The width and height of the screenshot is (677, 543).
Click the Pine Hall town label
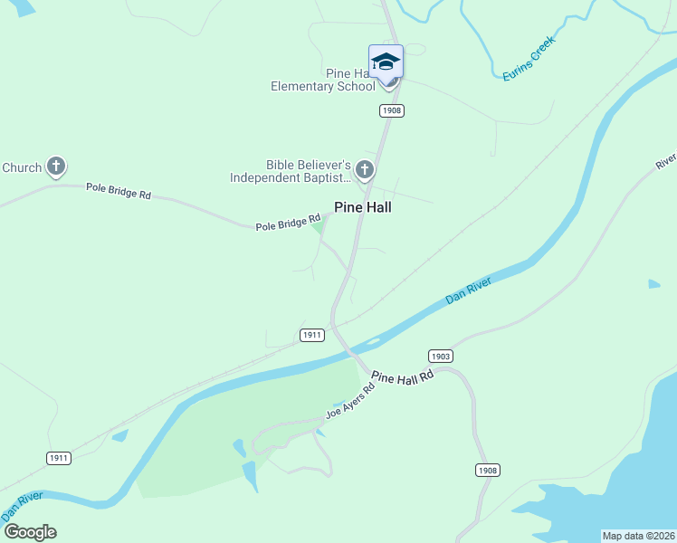click(x=362, y=206)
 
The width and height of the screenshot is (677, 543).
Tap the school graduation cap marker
click(x=386, y=62)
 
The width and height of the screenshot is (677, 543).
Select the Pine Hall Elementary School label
click(x=323, y=80)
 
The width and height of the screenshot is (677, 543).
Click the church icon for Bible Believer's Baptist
click(x=365, y=168)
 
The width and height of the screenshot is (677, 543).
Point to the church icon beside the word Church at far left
click(x=56, y=167)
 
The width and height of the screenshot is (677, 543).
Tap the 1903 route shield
click(x=440, y=356)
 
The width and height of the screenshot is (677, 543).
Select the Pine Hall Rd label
click(x=403, y=376)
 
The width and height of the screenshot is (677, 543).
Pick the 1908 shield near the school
click(x=391, y=110)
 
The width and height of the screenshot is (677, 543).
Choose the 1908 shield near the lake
click(x=487, y=470)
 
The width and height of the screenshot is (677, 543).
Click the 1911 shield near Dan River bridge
click(x=311, y=335)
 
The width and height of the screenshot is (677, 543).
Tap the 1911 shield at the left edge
click(x=59, y=458)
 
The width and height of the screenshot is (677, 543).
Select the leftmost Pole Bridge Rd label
click(x=118, y=191)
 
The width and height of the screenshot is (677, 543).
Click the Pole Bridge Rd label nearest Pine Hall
click(x=288, y=222)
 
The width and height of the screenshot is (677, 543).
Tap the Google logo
click(x=29, y=532)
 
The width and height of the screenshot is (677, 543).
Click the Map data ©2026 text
click(x=638, y=536)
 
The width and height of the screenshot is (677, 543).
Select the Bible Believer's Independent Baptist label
click(x=290, y=171)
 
